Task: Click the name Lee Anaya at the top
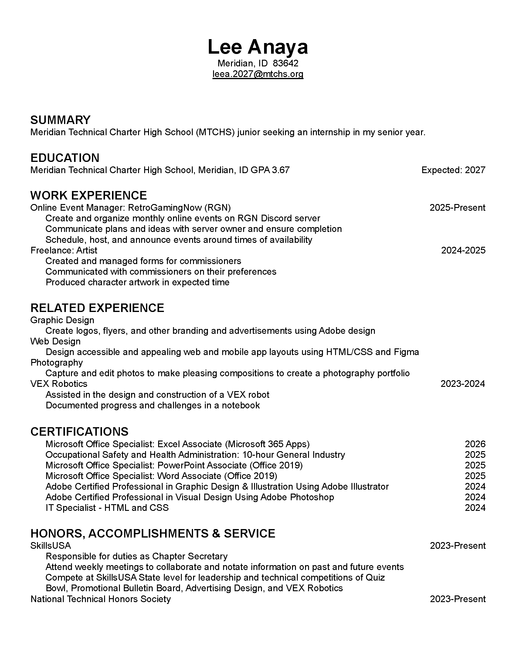point(258,47)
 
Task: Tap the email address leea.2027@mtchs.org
point(258,74)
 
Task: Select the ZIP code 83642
point(286,63)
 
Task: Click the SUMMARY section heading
point(60,120)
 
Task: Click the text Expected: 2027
point(453,170)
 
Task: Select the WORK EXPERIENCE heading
point(88,196)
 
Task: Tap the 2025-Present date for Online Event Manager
point(457,208)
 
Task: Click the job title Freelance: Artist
point(63,250)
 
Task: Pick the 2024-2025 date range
point(463,250)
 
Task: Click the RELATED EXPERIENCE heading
point(97,308)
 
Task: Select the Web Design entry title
point(55,341)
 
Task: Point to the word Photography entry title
point(56,363)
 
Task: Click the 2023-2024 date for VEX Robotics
point(463,384)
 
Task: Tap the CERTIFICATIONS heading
point(80,431)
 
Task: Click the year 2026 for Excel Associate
point(475,444)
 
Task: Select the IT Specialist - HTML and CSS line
point(107,508)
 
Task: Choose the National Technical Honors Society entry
point(100,599)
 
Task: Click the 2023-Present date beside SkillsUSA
point(458,546)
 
